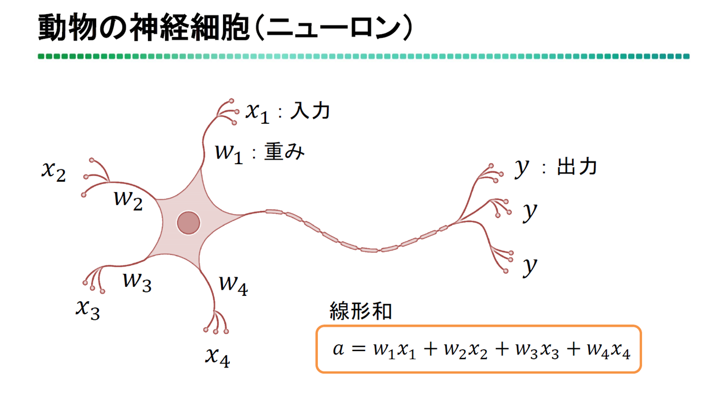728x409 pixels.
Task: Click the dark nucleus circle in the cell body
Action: pyautogui.click(x=189, y=223)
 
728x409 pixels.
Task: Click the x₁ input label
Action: pyautogui.click(x=257, y=112)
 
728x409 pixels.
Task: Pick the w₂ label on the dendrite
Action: pyautogui.click(x=128, y=199)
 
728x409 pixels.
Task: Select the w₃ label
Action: pyautogui.click(x=137, y=281)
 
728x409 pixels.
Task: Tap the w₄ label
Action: pyautogui.click(x=233, y=283)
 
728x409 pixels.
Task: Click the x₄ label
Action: pyautogui.click(x=217, y=356)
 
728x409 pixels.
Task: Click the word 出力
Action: pyautogui.click(x=577, y=167)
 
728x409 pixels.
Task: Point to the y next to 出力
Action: pyautogui.click(x=522, y=168)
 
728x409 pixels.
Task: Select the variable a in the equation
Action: pyautogui.click(x=338, y=349)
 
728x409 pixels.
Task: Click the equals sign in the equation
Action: pyautogui.click(x=357, y=349)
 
